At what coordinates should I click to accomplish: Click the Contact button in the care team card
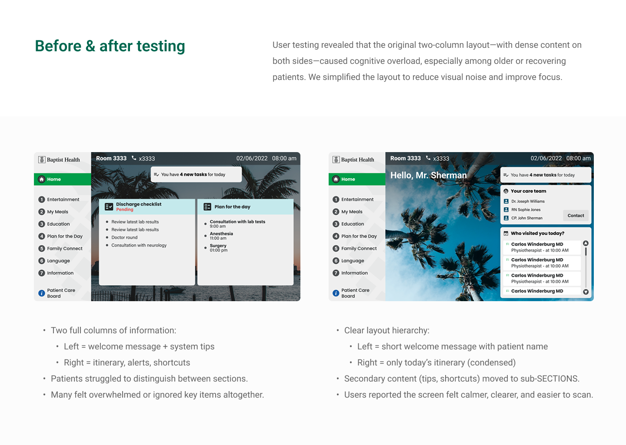(576, 216)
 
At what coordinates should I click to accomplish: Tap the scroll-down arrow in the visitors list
(586, 292)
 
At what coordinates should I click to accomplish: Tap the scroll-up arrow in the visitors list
(586, 243)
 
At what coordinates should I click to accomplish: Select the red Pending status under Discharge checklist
(125, 209)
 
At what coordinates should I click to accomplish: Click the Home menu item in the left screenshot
(63, 179)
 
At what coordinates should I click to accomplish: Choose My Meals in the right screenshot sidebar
(352, 212)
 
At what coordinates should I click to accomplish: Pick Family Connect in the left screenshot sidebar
(64, 248)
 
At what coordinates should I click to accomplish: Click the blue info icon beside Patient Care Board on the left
(42, 293)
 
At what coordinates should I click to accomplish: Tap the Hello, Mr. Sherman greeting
(429, 175)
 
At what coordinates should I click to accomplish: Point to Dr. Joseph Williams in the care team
(528, 201)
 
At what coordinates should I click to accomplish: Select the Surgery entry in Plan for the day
(218, 248)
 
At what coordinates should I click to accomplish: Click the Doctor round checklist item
(124, 237)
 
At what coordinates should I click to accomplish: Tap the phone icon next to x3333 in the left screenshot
(134, 158)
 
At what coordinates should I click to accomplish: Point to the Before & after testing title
(110, 46)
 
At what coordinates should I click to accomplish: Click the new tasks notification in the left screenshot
(196, 175)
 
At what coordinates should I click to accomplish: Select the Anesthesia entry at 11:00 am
(221, 236)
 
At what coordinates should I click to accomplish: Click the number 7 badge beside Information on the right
(336, 273)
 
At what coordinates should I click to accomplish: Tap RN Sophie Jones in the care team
(526, 209)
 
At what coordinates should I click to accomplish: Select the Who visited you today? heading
(537, 233)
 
